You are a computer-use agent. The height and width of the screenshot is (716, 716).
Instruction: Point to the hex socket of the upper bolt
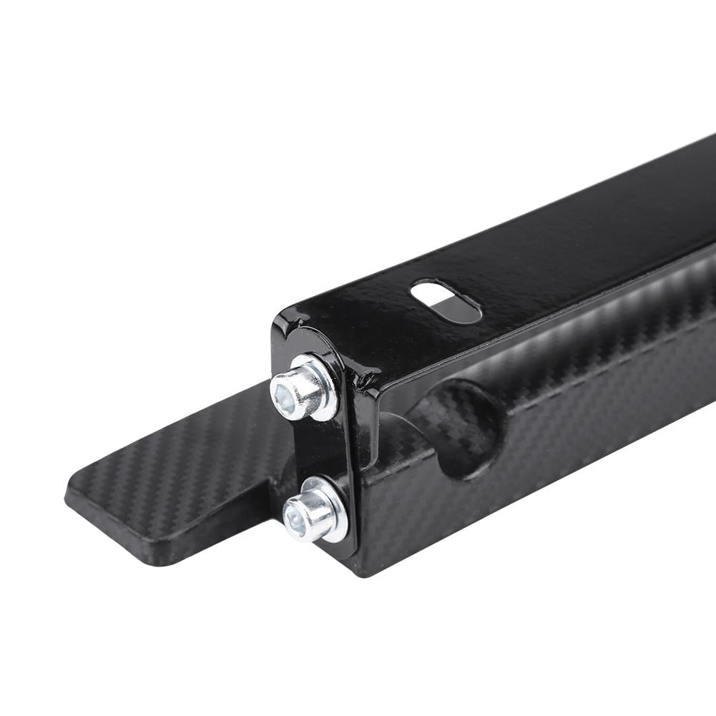(x=283, y=390)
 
